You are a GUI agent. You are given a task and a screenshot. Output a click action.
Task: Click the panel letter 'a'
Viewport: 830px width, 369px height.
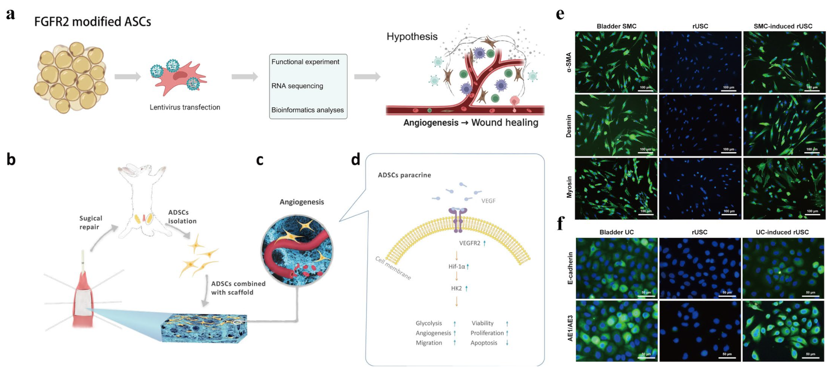point(10,14)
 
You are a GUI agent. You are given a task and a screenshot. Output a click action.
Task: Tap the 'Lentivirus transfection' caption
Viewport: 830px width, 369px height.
point(184,107)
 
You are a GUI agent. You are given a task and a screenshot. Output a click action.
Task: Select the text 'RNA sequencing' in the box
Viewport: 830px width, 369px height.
point(297,86)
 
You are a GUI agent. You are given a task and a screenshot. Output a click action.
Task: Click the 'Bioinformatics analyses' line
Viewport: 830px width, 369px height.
point(307,110)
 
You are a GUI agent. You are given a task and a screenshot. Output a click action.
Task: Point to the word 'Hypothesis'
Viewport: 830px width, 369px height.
point(412,37)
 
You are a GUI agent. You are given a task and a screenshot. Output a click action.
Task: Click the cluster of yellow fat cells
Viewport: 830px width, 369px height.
point(71,77)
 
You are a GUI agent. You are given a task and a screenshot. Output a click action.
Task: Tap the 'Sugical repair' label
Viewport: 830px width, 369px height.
point(90,222)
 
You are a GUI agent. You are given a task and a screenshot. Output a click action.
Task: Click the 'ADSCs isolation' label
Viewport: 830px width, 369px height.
point(182,217)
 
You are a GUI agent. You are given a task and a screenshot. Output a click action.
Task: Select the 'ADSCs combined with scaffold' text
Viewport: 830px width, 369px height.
point(238,288)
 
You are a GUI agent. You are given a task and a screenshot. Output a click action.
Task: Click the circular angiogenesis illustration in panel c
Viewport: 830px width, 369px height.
point(297,250)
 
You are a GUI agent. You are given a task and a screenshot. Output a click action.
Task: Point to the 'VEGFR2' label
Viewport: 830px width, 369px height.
point(469,243)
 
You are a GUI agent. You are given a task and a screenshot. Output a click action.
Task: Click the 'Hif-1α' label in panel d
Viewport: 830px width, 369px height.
point(457,266)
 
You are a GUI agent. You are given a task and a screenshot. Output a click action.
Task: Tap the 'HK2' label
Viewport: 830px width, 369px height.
point(456,288)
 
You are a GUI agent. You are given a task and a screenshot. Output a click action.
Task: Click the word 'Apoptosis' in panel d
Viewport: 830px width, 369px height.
point(484,343)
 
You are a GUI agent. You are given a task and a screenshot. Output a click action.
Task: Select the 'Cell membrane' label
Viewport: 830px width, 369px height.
point(393,268)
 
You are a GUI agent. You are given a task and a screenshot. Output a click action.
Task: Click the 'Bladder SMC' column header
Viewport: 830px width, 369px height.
point(616,26)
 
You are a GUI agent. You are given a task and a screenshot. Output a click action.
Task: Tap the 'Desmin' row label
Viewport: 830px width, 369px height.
point(569,126)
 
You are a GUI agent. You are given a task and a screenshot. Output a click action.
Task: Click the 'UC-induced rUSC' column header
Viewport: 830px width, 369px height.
point(782,232)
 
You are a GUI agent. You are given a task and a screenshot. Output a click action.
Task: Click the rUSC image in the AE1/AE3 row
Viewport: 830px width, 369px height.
point(700,331)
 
